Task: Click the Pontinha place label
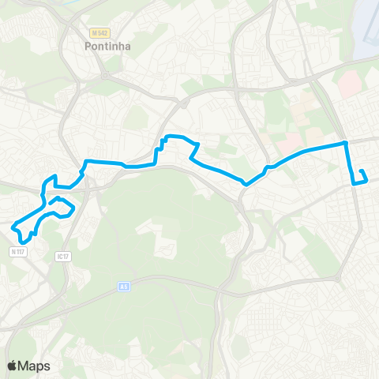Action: pyautogui.click(x=107, y=47)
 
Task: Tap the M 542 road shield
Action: pyautogui.click(x=99, y=32)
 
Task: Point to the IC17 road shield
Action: pyautogui.click(x=63, y=256)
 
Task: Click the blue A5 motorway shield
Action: pyautogui.click(x=124, y=287)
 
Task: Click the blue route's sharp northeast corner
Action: pyautogui.click(x=345, y=143)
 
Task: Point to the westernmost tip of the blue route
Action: pyautogui.click(x=13, y=227)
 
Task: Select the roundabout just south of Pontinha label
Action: pyautogui.click(x=103, y=77)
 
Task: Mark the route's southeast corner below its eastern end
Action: pyautogui.click(x=352, y=183)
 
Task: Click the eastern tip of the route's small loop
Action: pyautogui.click(x=73, y=209)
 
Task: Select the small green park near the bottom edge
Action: pyautogui.click(x=239, y=345)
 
